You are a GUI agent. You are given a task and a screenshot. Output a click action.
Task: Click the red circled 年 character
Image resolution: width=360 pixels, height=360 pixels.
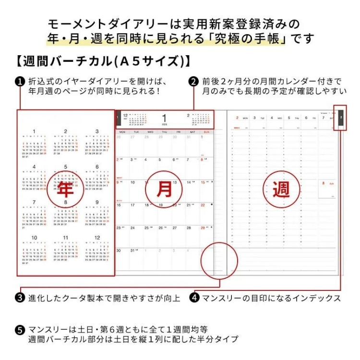coord(65,191)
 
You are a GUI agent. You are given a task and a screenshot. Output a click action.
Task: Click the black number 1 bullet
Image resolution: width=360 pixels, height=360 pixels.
coord(20,81)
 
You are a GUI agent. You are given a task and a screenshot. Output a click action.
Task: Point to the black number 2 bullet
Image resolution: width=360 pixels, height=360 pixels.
coord(194,81)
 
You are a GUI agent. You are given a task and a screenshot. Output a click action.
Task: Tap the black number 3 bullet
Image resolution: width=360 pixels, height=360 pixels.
coord(20,298)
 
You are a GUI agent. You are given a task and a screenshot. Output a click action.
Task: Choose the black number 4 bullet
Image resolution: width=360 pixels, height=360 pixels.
coord(194,298)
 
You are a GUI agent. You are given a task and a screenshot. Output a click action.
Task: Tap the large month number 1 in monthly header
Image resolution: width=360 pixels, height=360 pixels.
coord(164,118)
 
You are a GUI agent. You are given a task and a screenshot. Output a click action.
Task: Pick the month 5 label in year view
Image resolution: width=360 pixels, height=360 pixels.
coord(66,167)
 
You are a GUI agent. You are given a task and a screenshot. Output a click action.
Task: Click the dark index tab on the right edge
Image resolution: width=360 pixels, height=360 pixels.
coord(340,118)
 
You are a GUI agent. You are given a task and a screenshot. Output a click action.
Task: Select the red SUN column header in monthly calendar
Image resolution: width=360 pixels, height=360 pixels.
coord(207,132)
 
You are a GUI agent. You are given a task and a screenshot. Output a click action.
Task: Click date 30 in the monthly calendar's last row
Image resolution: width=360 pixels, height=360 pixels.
coord(119,250)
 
